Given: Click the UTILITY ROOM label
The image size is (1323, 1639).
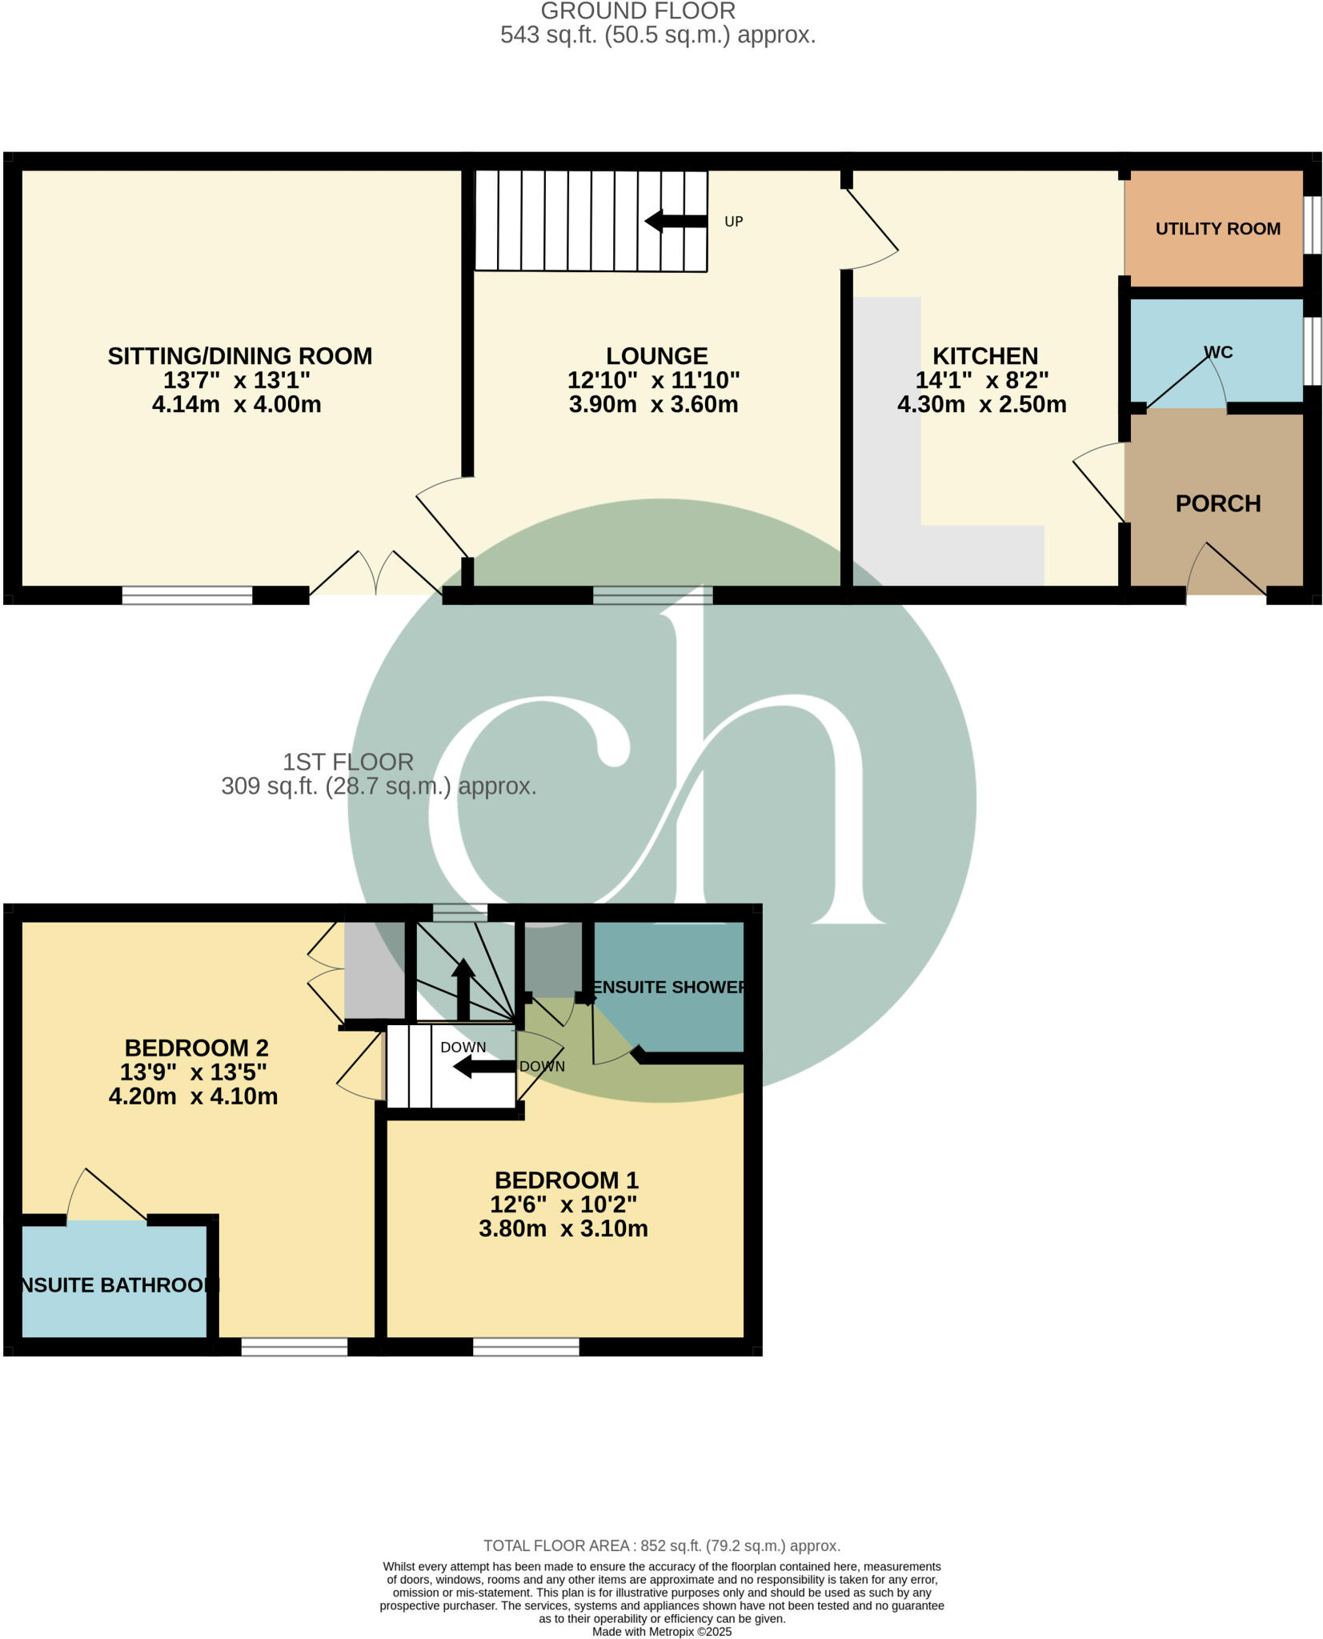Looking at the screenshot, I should (x=1217, y=229).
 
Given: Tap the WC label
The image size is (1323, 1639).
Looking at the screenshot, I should (x=1217, y=352).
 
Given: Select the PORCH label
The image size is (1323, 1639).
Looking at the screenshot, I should (x=1217, y=503).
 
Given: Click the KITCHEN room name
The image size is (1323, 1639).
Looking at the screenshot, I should (x=984, y=356).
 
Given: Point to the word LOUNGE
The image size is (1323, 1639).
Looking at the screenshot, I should (x=656, y=356).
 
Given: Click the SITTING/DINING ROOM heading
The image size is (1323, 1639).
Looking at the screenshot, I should (x=239, y=356).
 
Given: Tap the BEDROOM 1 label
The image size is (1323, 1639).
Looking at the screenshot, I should (x=566, y=1180).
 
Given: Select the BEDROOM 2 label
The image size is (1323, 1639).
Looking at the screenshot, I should (x=196, y=1048).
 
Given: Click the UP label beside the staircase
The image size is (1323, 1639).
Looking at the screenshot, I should (x=733, y=222).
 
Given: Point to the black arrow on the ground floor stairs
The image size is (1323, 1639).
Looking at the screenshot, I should (x=676, y=221).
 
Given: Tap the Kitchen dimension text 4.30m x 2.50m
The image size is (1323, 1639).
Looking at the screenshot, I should (x=981, y=404).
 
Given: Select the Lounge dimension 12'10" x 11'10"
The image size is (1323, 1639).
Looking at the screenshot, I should (x=653, y=380).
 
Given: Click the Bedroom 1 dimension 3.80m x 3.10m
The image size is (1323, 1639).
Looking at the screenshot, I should (x=563, y=1228).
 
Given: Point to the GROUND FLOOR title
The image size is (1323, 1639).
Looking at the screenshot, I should (x=638, y=11).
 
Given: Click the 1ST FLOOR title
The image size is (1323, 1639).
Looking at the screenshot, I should (x=347, y=762).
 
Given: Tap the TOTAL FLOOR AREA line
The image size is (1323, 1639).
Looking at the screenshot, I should (x=661, y=1546).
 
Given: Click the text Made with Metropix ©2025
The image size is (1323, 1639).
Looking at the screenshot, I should (x=661, y=1632).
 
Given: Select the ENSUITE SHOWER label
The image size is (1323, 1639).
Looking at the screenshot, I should (x=669, y=987).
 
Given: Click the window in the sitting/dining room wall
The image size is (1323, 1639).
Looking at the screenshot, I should (x=186, y=595).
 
